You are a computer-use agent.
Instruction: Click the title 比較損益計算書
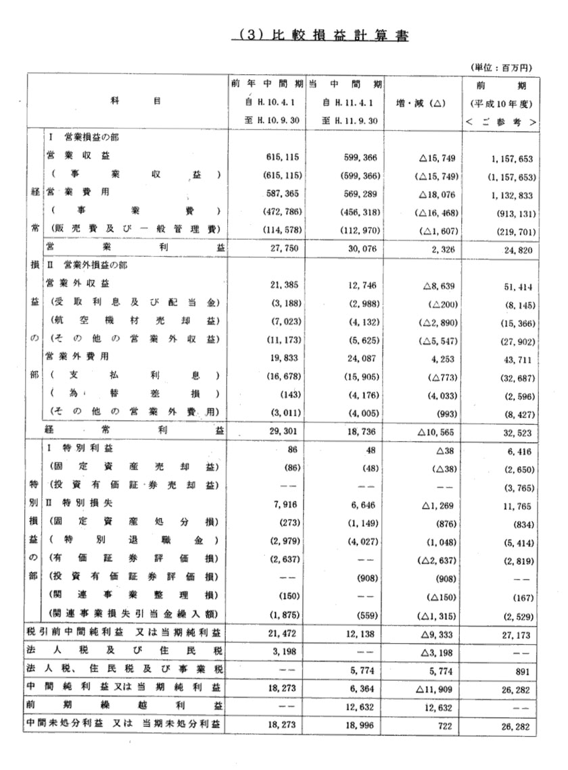[320, 36]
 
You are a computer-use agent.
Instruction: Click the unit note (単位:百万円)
[501, 68]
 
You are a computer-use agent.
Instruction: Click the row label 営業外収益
[76, 284]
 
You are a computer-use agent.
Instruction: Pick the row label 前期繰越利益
[124, 705]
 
